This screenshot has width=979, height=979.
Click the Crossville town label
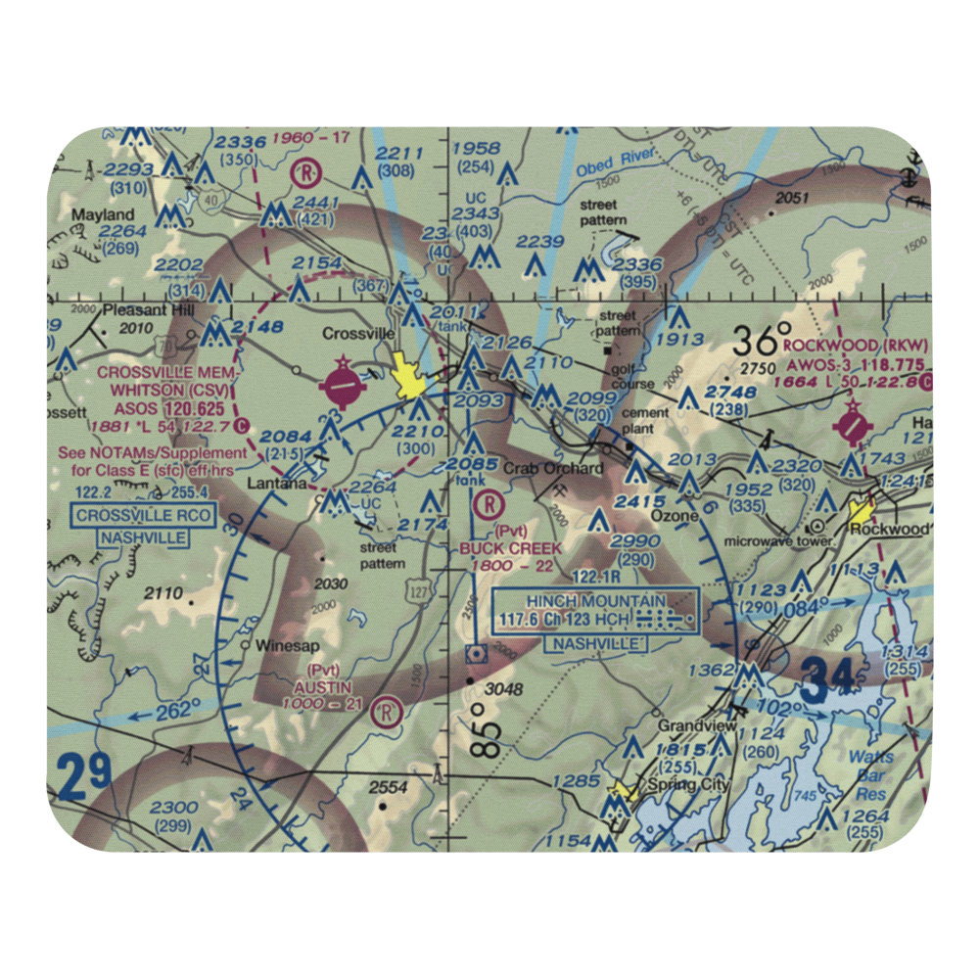[x=359, y=334]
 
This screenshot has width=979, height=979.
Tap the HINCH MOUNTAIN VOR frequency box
[x=596, y=610]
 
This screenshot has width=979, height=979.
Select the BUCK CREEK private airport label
[x=511, y=548]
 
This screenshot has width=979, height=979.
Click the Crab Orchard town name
[x=553, y=469]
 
